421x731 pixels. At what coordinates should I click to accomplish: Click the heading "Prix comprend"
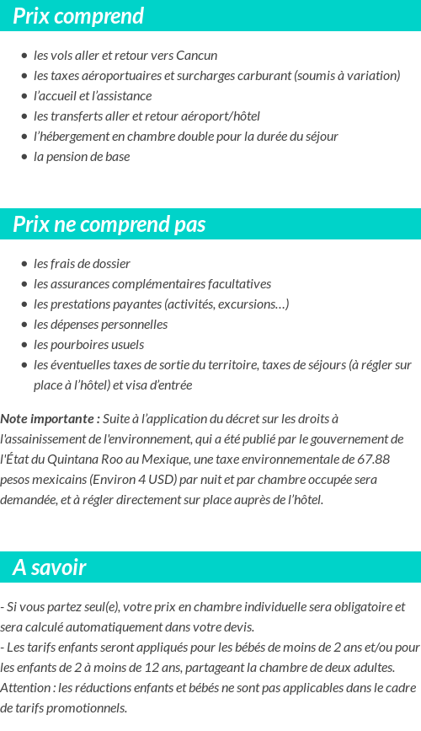[x=78, y=16]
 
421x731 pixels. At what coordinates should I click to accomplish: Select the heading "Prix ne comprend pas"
[x=109, y=224]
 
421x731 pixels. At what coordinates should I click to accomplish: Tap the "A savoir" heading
[x=50, y=567]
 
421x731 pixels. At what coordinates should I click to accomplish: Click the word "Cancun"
[x=196, y=56]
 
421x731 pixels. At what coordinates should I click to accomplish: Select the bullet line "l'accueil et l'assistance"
[x=93, y=96]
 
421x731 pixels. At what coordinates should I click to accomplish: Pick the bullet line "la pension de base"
[x=82, y=157]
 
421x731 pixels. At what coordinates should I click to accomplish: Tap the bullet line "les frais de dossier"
[x=82, y=264]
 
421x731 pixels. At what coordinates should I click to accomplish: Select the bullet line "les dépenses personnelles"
[x=100, y=325]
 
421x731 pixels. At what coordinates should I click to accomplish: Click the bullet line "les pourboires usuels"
[x=88, y=345]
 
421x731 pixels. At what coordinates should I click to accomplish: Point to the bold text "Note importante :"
[x=51, y=419]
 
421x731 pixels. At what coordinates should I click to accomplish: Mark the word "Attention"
[x=25, y=688]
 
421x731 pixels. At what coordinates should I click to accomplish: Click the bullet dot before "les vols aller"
[x=24, y=56]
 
